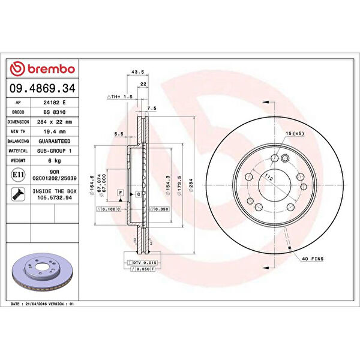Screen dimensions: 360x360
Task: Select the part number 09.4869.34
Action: [42, 88]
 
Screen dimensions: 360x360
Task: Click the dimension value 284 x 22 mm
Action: [54, 121]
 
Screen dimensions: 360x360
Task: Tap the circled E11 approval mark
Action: [17, 175]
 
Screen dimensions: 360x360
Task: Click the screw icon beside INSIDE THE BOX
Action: [17, 193]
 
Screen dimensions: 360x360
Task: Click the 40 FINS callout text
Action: [313, 258]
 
